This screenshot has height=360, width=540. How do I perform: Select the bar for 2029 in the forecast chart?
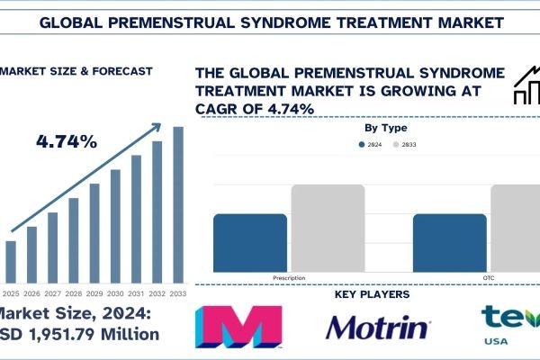[x=94, y=232]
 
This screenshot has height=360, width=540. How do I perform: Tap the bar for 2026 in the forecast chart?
[x=31, y=254]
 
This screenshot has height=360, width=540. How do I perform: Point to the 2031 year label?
[x=137, y=293]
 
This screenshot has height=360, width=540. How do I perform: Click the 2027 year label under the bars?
[x=52, y=293]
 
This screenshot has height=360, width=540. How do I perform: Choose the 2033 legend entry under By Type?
[x=403, y=145]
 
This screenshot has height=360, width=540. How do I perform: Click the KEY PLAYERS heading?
[x=372, y=294]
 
